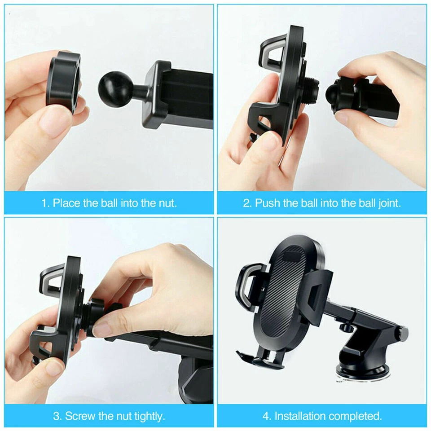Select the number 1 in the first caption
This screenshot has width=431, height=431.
[44, 203]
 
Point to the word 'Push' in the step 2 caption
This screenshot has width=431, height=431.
[268, 203]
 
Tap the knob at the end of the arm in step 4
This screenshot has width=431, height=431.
[403, 333]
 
